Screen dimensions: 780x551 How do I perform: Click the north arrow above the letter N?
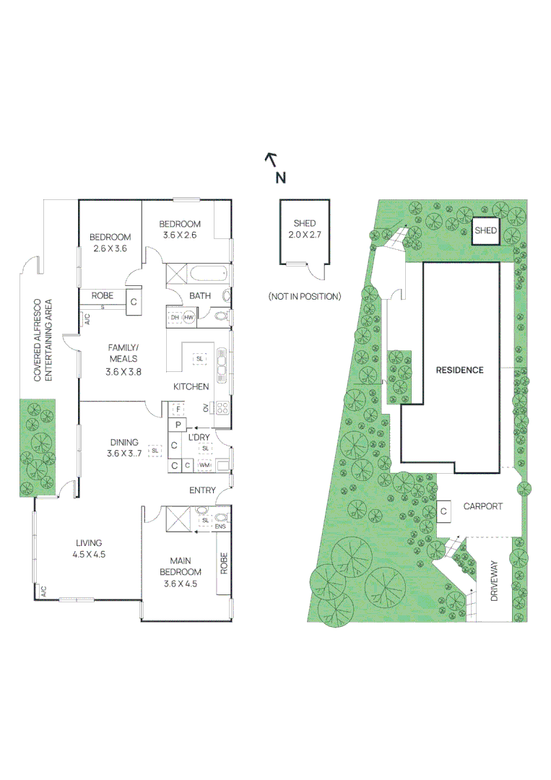271,158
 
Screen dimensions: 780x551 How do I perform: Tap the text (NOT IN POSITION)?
304,296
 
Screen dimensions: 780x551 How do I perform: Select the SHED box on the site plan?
486,230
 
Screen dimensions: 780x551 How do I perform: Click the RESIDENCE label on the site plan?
459,370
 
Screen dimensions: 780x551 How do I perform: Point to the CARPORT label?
482,506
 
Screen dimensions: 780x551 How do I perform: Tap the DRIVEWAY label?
495,583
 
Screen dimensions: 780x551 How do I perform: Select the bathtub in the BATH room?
208,275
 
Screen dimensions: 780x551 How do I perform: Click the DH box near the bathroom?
174,318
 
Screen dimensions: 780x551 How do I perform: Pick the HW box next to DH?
188,318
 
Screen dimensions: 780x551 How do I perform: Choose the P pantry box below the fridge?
176,425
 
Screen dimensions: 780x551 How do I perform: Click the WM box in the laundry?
204,465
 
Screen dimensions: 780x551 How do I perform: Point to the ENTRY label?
202,490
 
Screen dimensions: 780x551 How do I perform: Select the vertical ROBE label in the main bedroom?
224,564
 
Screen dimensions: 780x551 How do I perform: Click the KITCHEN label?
191,387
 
